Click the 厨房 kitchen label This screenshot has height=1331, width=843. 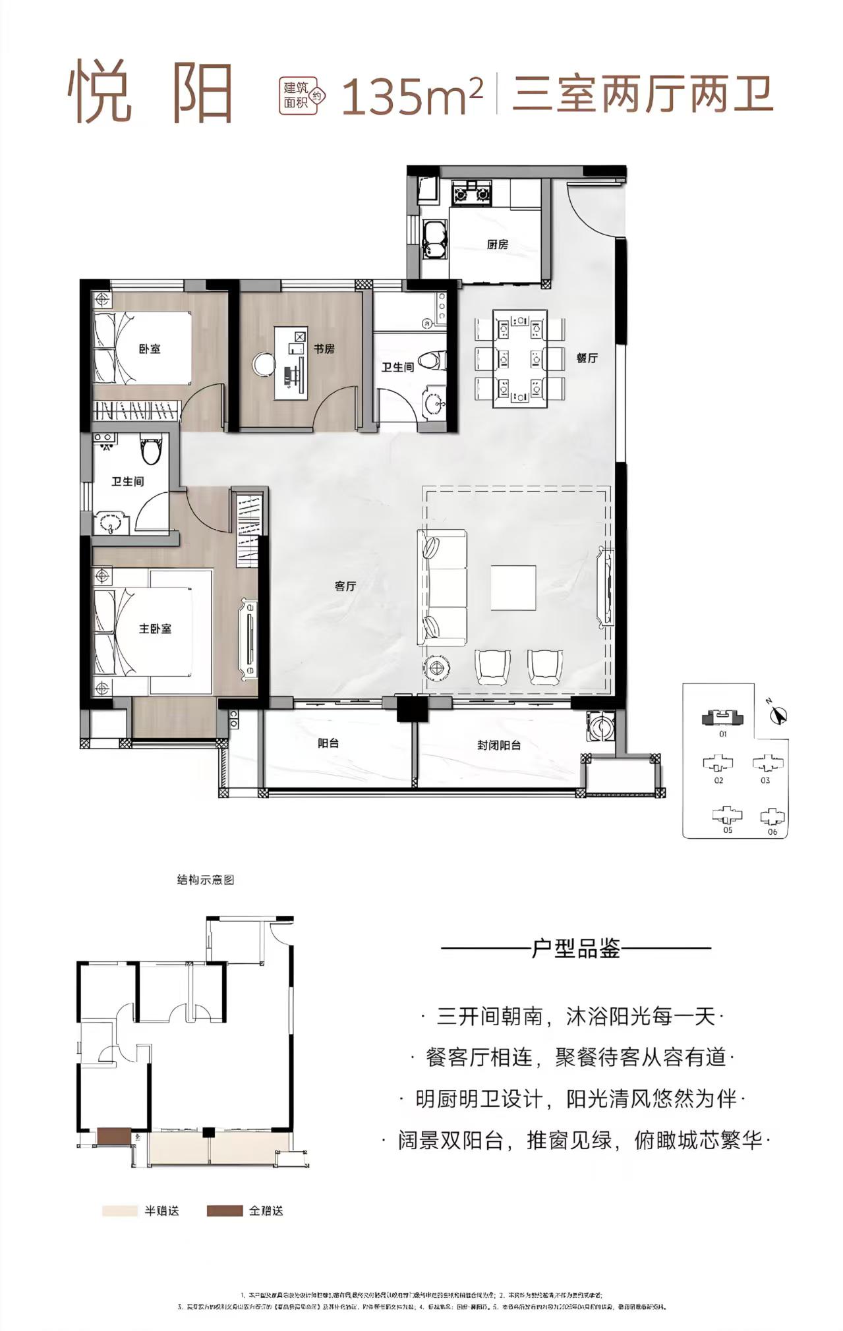pyautogui.click(x=498, y=244)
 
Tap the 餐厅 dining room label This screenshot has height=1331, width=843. pyautogui.click(x=587, y=358)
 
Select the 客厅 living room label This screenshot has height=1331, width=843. pyautogui.click(x=345, y=586)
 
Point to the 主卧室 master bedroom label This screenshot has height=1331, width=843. pyautogui.click(x=155, y=629)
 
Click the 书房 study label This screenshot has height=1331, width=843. pyautogui.click(x=324, y=349)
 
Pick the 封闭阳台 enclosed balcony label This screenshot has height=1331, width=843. pyautogui.click(x=499, y=745)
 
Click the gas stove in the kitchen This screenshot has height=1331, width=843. pyautogui.click(x=471, y=194)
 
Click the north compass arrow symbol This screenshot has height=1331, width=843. pyautogui.click(x=778, y=715)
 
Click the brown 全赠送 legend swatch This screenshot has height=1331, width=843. pyautogui.click(x=224, y=1210)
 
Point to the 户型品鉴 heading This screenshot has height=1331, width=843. pyautogui.click(x=575, y=949)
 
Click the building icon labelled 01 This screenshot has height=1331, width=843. pyautogui.click(x=722, y=718)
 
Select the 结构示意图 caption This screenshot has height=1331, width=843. pyautogui.click(x=206, y=880)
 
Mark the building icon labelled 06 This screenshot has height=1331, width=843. pyautogui.click(x=772, y=818)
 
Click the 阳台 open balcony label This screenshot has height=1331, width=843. pyautogui.click(x=328, y=743)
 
